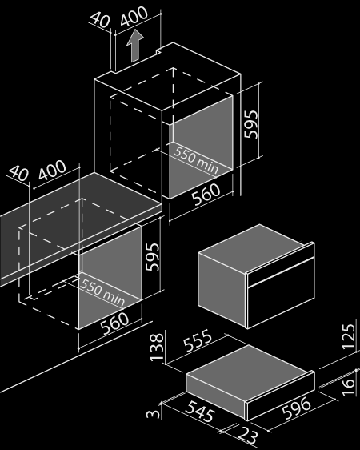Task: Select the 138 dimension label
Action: pyautogui.click(x=157, y=347)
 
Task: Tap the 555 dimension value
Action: pyautogui.click(x=198, y=340)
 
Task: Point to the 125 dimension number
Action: pyautogui.click(x=349, y=336)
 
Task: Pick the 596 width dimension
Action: pyautogui.click(x=296, y=408)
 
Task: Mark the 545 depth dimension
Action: pyautogui.click(x=200, y=411)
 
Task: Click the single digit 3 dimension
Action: pyautogui.click(x=153, y=413)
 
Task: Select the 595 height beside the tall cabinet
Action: pyautogui.click(x=251, y=124)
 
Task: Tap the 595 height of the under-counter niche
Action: pyautogui.click(x=152, y=257)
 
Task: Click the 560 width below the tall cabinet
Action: pyautogui.click(x=206, y=194)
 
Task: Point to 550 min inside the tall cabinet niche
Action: pyautogui.click(x=196, y=160)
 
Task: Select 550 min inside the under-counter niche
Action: pyautogui.click(x=102, y=292)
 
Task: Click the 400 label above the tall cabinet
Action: pyautogui.click(x=134, y=16)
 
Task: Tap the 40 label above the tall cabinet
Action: pyautogui.click(x=100, y=19)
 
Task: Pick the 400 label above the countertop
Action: pyautogui.click(x=52, y=170)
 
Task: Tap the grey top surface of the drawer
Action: pyautogui.click(x=249, y=368)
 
